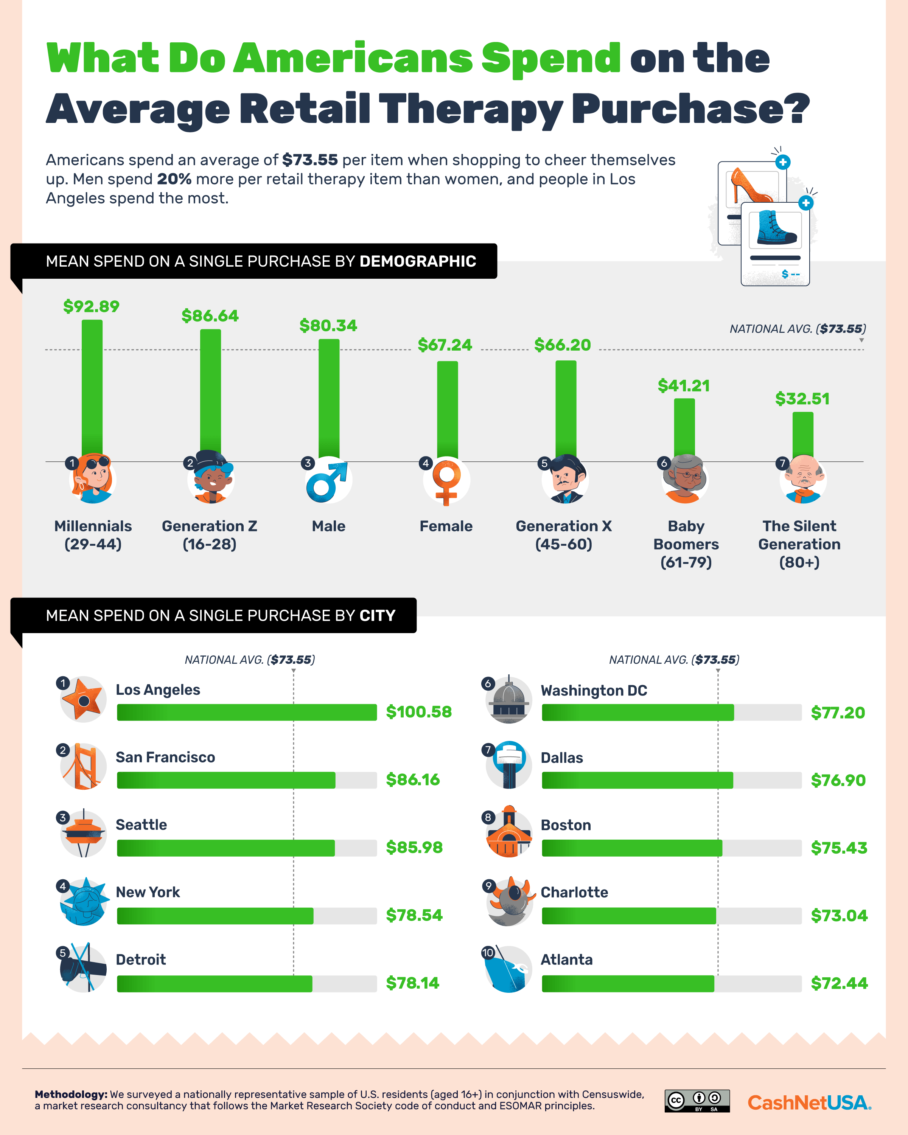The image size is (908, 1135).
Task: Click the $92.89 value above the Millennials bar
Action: click(x=91, y=306)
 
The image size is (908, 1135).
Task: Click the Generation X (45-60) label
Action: click(x=564, y=534)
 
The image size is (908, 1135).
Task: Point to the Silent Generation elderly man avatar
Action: click(x=803, y=479)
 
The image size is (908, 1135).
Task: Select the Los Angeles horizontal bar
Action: click(x=247, y=712)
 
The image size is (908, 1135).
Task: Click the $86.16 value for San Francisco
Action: click(x=412, y=779)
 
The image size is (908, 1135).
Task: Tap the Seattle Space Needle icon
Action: click(x=84, y=833)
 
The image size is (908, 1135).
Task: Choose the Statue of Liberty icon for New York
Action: click(x=84, y=901)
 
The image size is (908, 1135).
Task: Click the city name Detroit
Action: click(x=141, y=959)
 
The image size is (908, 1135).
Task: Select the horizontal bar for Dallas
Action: click(x=637, y=780)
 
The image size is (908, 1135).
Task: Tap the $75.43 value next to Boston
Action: click(x=838, y=848)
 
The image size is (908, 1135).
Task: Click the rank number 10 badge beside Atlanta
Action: click(x=488, y=952)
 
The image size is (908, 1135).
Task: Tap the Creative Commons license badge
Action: click(x=697, y=1101)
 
